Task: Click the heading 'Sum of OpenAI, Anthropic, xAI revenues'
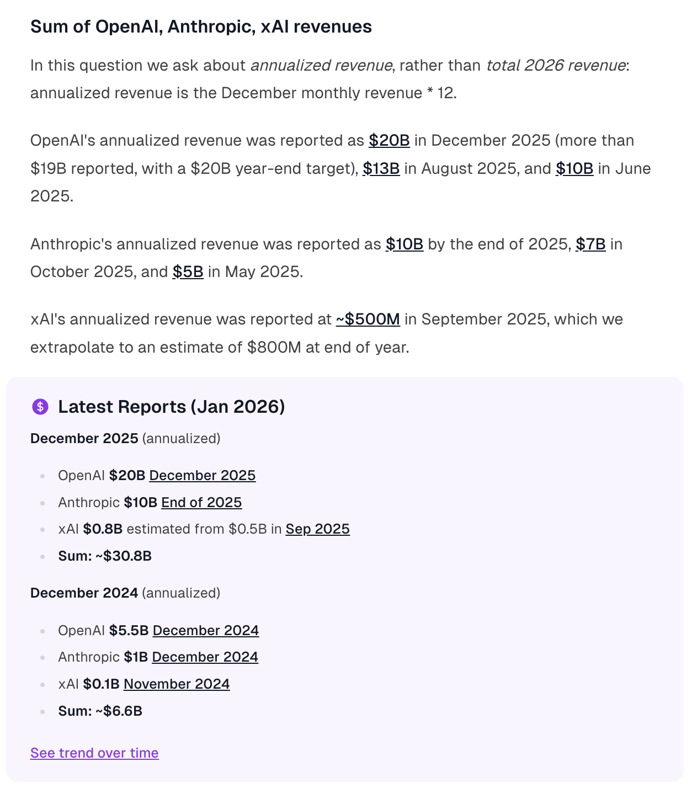click(201, 26)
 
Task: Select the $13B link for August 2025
click(381, 168)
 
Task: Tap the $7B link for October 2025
click(590, 244)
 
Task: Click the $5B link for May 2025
click(188, 271)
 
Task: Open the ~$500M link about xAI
click(368, 319)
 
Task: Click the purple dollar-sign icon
click(40, 407)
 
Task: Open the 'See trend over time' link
click(94, 753)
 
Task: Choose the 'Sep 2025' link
click(317, 529)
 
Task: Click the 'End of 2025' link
click(201, 502)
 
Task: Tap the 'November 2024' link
click(177, 684)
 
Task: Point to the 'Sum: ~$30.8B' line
click(105, 556)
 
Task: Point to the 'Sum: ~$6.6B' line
click(100, 711)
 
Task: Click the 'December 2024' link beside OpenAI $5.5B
click(206, 630)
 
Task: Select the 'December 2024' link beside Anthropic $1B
click(205, 657)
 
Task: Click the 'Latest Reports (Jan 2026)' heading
click(171, 407)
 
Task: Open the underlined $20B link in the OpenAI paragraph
click(389, 140)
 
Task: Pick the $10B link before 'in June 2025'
click(574, 168)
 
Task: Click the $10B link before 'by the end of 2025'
click(404, 244)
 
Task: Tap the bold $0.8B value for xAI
click(103, 529)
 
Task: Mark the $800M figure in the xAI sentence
click(274, 347)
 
